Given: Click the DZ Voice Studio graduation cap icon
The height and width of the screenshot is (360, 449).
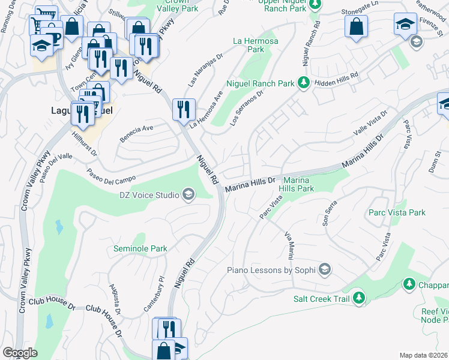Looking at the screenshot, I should click(x=188, y=194).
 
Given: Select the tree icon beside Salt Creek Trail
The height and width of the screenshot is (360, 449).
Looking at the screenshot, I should click(x=359, y=297).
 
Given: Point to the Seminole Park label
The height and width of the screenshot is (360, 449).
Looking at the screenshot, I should click(x=140, y=248).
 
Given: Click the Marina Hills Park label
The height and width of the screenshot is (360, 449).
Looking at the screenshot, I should click(x=298, y=184).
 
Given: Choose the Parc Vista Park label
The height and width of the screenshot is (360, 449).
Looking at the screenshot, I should click(x=397, y=212).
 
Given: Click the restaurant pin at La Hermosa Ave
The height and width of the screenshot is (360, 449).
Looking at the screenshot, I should click(x=184, y=109).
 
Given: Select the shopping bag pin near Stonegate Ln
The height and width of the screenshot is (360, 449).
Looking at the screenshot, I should click(x=356, y=26).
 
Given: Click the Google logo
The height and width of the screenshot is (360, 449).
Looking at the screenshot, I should click(x=20, y=353).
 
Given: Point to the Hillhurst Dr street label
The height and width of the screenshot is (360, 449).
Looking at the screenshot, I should click(x=85, y=143).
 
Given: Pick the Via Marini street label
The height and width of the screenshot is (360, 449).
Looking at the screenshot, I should click(x=290, y=245).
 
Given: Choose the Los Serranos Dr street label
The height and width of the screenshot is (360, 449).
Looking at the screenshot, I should click(x=246, y=109).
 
